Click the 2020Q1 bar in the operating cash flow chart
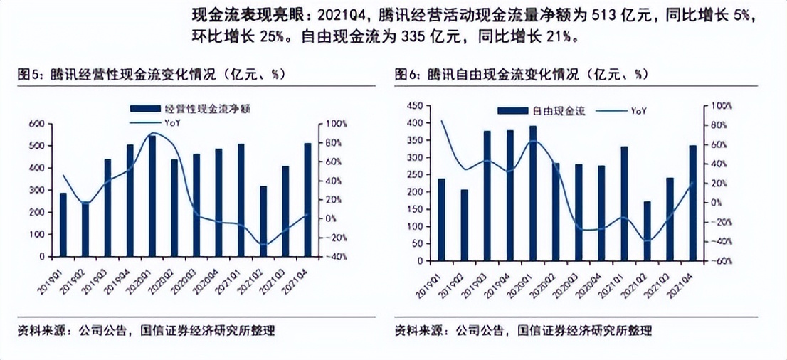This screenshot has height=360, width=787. tap(152, 196)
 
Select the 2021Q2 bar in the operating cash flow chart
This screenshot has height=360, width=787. tap(263, 221)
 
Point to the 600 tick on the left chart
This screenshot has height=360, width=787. tap(36, 124)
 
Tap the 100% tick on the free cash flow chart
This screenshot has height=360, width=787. tap(722, 105)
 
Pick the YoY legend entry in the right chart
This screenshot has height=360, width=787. tap(625, 110)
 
